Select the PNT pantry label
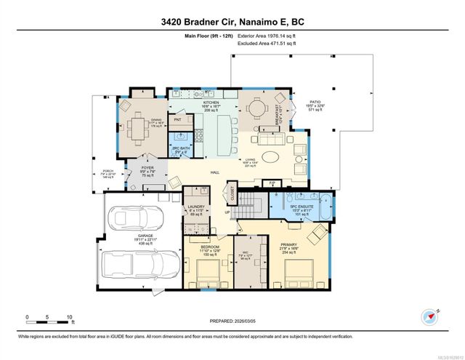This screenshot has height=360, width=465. click(x=177, y=119)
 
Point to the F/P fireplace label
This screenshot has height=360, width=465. click(x=272, y=182)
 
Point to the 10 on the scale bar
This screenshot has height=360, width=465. click(x=69, y=317)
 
